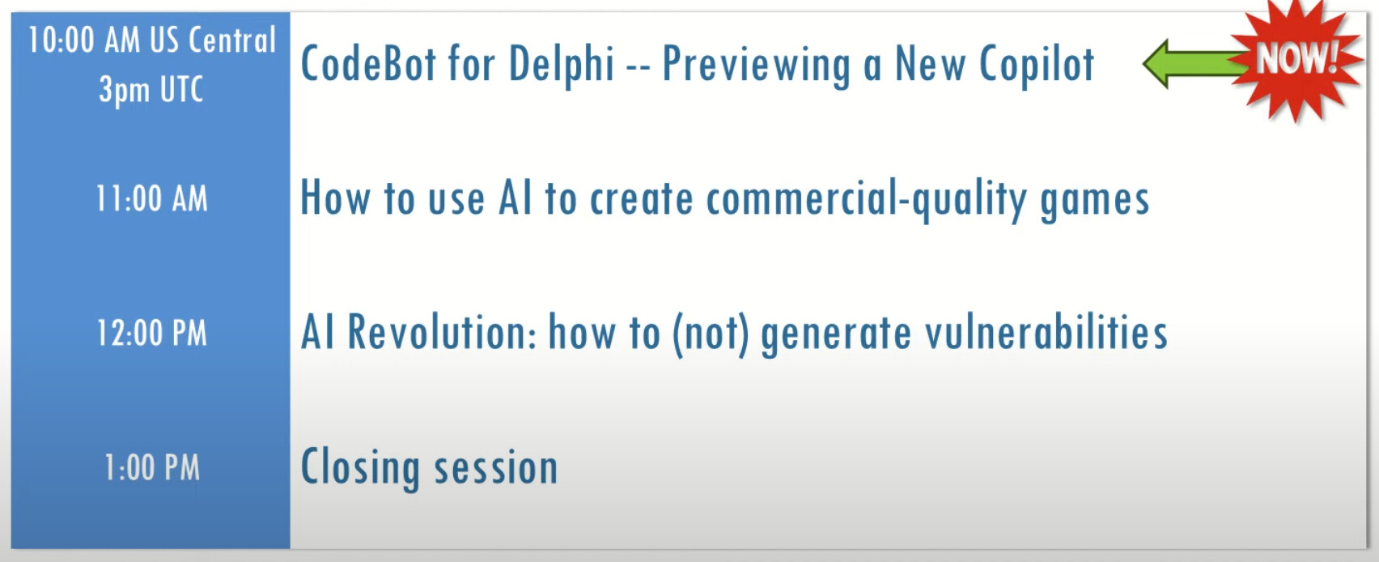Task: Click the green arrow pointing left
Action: pyautogui.click(x=1194, y=63)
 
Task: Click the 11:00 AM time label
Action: pyautogui.click(x=152, y=199)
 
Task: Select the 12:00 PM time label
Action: pyautogui.click(x=152, y=334)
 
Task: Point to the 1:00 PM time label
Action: pyautogui.click(x=152, y=468)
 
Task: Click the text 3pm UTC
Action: pyautogui.click(x=151, y=90)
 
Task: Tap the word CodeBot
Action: pyautogui.click(x=368, y=63)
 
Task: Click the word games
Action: pyautogui.click(x=1095, y=201)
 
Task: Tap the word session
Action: pyautogui.click(x=496, y=469)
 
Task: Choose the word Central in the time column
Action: pyautogui.click(x=232, y=40)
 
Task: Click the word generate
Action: pyautogui.click(x=836, y=335)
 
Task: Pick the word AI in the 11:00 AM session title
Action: pyautogui.click(x=516, y=198)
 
